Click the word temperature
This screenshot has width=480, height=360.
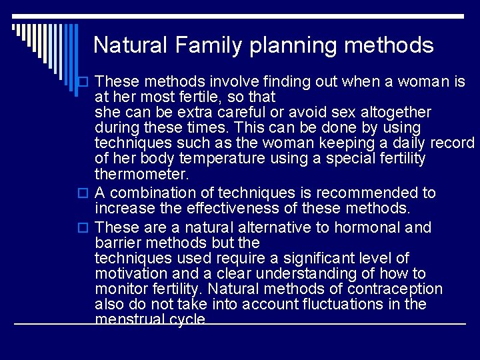(x=203, y=159)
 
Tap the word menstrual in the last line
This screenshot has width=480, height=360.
(x=129, y=319)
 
